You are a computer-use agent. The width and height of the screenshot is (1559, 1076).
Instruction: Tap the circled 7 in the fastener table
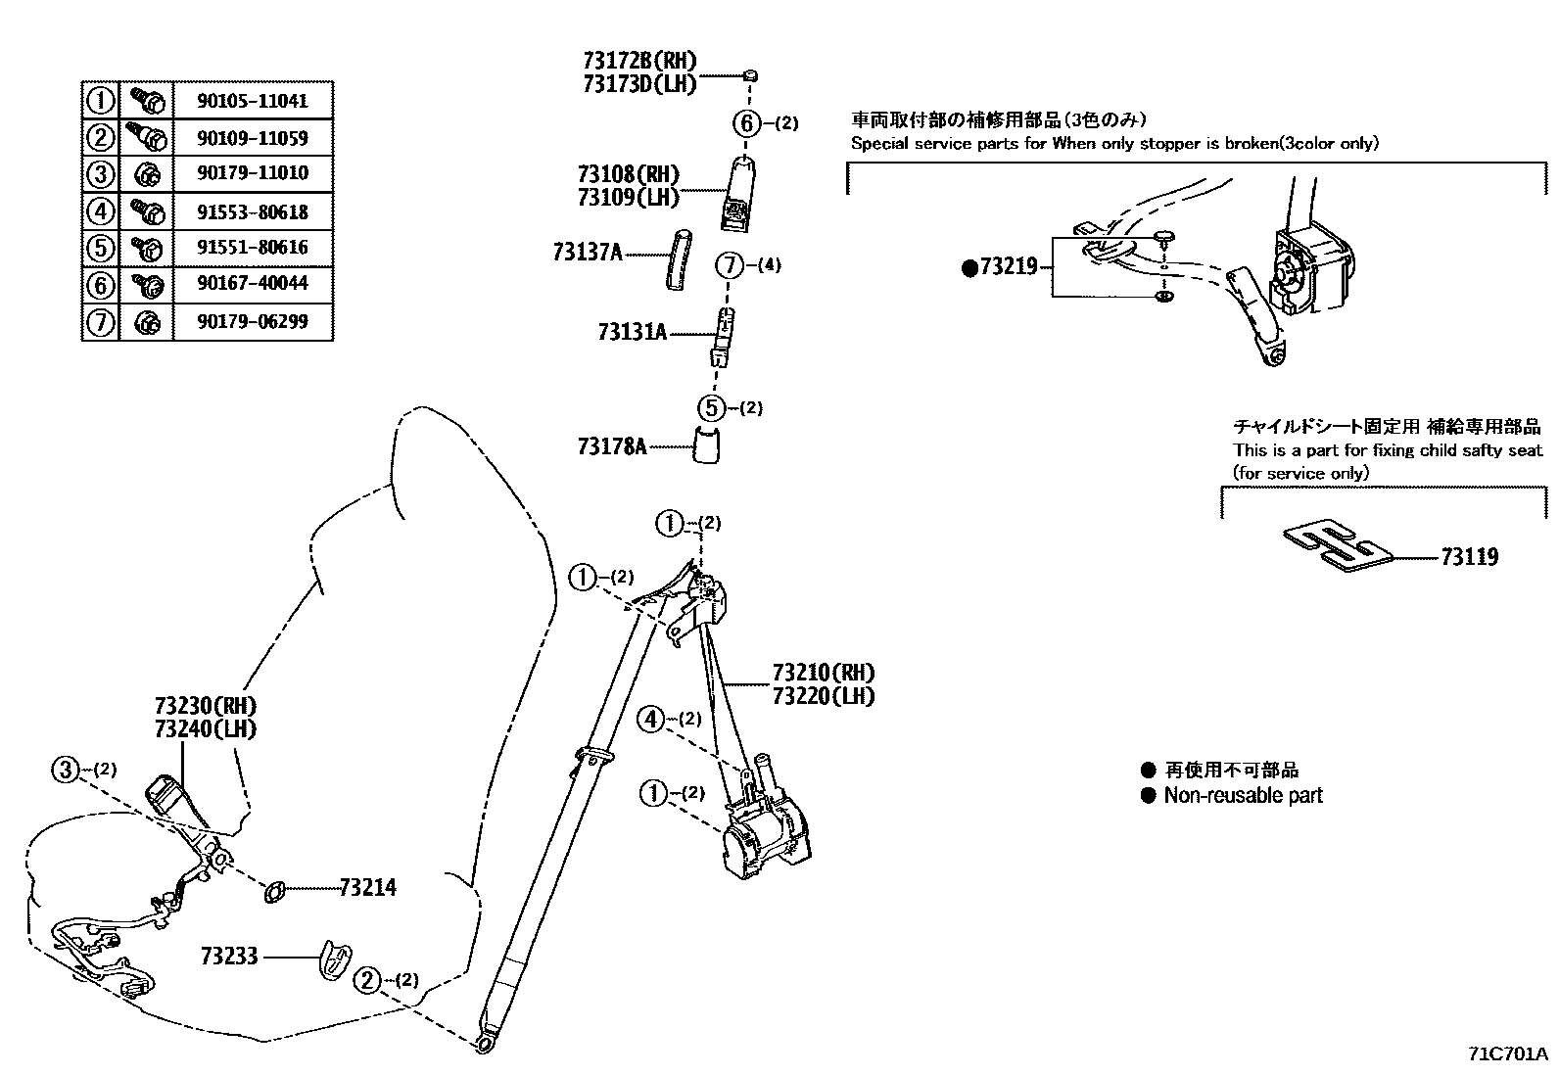point(100,322)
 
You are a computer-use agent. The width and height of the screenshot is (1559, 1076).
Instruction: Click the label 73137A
point(587,253)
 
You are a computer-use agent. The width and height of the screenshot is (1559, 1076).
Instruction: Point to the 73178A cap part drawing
point(706,444)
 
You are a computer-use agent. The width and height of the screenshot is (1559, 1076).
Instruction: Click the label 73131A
point(632,333)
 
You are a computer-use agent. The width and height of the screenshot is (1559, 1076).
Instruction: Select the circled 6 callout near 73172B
point(746,123)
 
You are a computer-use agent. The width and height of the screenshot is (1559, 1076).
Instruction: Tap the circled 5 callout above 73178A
point(712,408)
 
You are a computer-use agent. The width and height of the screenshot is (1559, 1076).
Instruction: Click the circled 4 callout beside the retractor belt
point(651,720)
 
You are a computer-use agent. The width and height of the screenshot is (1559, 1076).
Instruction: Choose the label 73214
point(367,888)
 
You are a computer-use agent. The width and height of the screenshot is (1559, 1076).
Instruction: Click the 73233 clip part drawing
point(332,959)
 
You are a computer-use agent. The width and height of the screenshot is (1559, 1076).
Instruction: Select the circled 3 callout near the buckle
point(66,770)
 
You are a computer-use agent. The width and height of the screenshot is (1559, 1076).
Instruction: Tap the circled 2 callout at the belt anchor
point(366,980)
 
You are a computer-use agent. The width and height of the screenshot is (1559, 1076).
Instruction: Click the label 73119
point(1469,558)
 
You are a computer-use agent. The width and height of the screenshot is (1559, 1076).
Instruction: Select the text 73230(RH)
point(205,706)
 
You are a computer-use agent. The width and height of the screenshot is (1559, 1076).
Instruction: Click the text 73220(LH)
point(823,696)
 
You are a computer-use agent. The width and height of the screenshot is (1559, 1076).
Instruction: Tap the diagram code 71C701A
point(1507,1054)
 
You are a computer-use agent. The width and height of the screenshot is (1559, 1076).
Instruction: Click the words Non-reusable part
point(1243,796)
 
